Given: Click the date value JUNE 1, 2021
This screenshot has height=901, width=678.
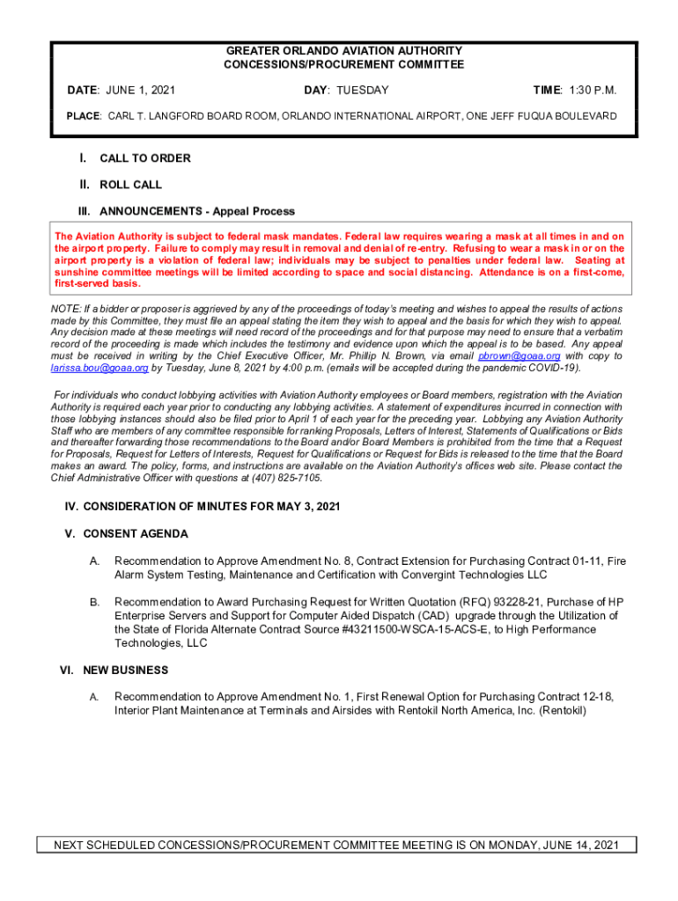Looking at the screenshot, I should click(x=140, y=91).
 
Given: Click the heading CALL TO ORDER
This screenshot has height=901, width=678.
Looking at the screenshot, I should click(x=144, y=158).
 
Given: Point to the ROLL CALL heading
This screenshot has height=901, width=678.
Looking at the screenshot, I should click(x=130, y=185).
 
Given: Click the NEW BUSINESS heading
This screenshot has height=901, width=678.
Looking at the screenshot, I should click(x=125, y=670).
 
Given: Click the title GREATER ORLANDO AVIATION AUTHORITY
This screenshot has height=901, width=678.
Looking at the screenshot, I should click(x=343, y=51).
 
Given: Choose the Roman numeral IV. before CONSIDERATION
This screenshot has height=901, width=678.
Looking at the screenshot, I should click(x=72, y=508).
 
